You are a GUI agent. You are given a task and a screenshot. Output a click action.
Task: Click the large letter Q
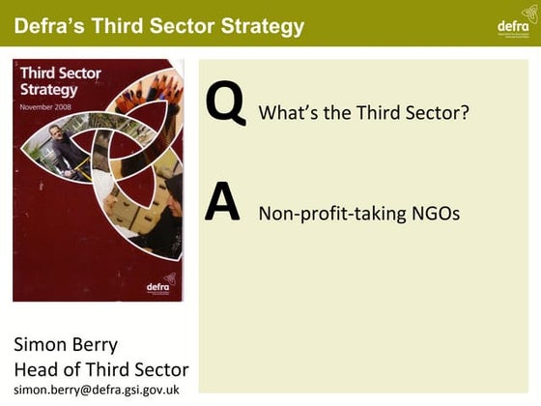coord(225,105)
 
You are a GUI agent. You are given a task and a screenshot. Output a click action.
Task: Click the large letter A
coord(222,203)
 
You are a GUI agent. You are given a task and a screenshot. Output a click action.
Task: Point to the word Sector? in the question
coord(436,113)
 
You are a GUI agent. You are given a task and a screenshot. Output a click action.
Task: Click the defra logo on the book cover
coord(158,287)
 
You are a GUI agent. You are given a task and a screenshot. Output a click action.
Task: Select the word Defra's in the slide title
coord(52,25)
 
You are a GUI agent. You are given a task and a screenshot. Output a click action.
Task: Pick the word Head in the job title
coord(37,369)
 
